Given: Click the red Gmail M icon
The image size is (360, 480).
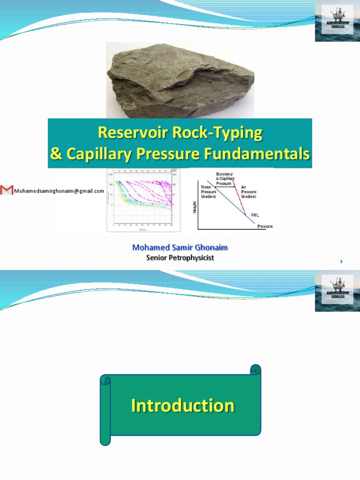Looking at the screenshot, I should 7,190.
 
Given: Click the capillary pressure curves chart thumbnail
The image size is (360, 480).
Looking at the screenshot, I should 140,200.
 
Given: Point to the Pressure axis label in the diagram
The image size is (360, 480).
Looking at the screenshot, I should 265,226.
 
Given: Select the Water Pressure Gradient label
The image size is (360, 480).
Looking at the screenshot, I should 209,192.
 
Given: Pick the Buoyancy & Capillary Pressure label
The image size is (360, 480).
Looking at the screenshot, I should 224,179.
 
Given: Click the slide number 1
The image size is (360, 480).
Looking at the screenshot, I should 342,262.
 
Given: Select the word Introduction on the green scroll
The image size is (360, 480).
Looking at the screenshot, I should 183,405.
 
